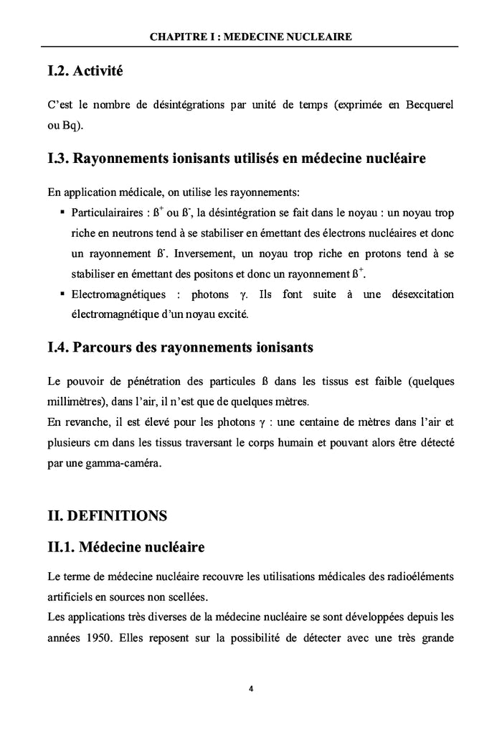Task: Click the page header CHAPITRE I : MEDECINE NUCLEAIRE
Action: (251, 37)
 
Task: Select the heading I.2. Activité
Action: (85, 71)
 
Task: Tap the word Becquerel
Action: (427, 105)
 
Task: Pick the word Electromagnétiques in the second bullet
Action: (118, 295)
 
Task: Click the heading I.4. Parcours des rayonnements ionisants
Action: (180, 348)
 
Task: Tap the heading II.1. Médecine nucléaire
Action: (126, 548)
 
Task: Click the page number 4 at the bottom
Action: (251, 688)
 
